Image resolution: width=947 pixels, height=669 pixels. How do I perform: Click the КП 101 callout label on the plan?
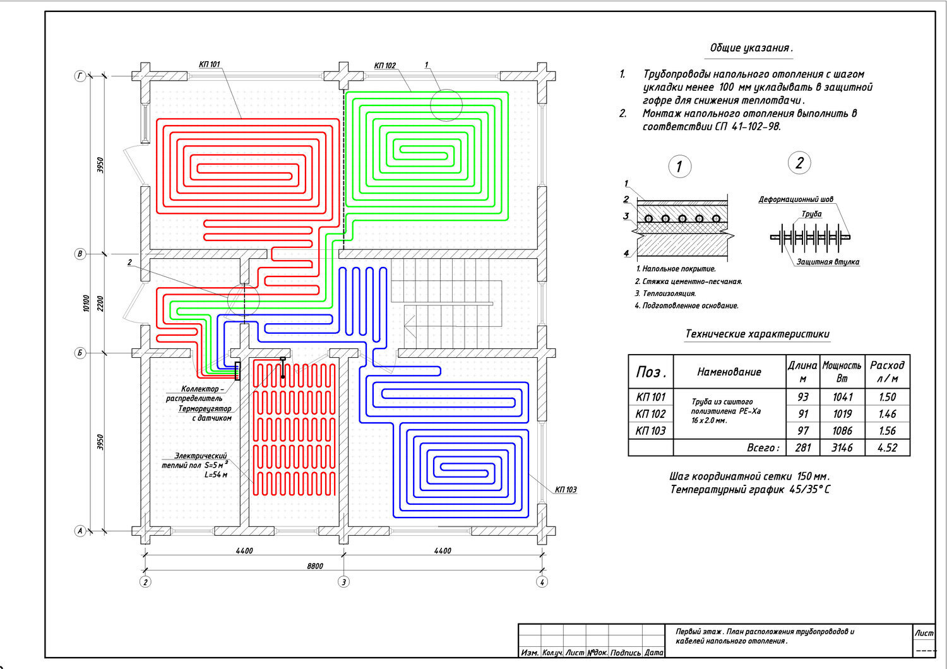(x=209, y=64)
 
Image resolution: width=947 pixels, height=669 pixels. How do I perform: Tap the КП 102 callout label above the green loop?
(x=384, y=66)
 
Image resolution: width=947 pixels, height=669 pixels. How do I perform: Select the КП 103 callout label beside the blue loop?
(x=566, y=489)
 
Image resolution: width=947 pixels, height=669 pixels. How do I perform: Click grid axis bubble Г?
(x=80, y=76)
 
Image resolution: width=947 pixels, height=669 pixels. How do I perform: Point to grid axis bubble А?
(x=80, y=531)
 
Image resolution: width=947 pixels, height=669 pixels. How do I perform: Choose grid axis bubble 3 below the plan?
(x=343, y=582)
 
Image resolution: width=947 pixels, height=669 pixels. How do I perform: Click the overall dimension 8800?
(x=315, y=566)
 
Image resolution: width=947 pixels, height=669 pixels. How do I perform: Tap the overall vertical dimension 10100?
(x=86, y=304)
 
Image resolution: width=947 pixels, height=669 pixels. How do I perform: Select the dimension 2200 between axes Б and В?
(x=100, y=304)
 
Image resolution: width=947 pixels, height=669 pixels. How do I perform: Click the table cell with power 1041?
(x=842, y=397)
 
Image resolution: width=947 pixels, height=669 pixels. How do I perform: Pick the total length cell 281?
(x=803, y=447)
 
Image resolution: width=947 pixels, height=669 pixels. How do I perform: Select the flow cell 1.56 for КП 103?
(x=888, y=430)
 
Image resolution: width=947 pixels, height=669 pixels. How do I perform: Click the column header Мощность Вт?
(x=842, y=372)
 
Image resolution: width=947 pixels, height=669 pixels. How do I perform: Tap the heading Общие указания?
(x=751, y=48)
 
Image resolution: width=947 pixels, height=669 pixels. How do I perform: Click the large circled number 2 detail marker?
(x=799, y=163)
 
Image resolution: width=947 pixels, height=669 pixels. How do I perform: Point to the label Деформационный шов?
(x=796, y=199)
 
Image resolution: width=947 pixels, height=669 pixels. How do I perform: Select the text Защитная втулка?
(x=828, y=262)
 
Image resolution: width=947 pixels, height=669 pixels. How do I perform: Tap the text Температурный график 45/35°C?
(x=750, y=489)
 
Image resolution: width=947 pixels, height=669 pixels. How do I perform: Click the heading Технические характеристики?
(x=757, y=334)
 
